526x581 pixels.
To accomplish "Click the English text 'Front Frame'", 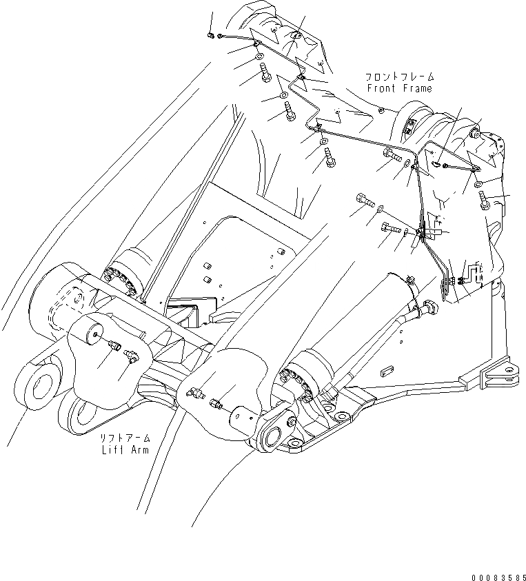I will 399,88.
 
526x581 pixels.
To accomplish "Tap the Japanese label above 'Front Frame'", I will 399,77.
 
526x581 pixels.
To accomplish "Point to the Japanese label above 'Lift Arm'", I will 124,438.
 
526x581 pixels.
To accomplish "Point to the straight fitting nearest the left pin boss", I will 113,343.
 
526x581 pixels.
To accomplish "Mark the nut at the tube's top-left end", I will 210,35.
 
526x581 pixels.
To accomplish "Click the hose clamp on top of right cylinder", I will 409,279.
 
